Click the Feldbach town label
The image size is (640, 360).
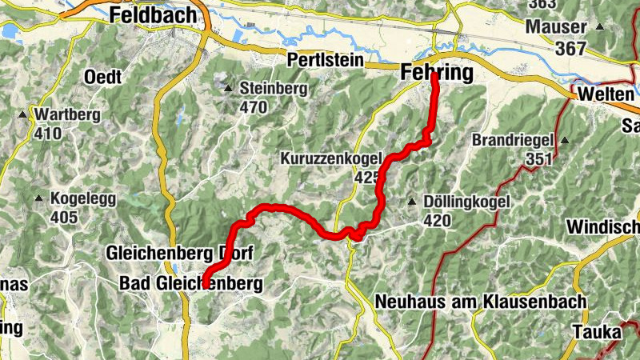[x=154, y=14]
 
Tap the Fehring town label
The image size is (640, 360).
[x=434, y=73]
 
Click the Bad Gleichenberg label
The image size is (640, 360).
[x=190, y=283]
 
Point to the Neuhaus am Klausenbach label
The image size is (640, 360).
[x=480, y=302]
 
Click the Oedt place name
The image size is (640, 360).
[x=102, y=78]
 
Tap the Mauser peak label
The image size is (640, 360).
[x=556, y=26]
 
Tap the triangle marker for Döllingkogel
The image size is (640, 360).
[x=412, y=202]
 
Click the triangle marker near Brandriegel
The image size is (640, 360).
[x=565, y=140]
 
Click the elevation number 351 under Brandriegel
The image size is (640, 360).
[x=540, y=158]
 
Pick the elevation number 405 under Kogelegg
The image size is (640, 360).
[x=65, y=217]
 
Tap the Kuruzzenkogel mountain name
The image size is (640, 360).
[x=331, y=159]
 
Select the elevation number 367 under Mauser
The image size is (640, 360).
[x=570, y=48]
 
